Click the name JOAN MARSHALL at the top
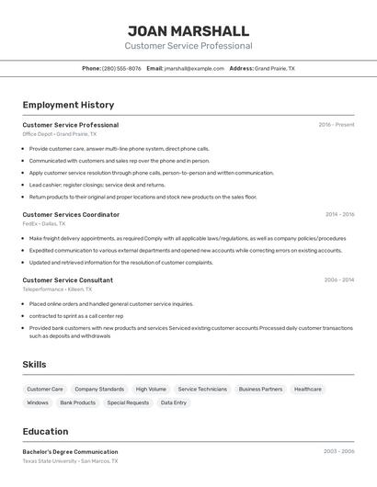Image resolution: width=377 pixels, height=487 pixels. [188, 30]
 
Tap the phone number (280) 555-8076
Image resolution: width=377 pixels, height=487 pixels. [121, 68]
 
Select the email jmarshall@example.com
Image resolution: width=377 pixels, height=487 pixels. [194, 68]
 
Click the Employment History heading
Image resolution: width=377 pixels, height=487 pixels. [68, 105]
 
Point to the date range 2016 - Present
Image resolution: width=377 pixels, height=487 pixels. [337, 125]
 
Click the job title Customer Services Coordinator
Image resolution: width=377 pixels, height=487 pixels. [71, 215]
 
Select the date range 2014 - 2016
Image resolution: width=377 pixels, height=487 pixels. [339, 215]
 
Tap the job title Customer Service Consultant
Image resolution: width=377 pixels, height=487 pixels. [68, 279]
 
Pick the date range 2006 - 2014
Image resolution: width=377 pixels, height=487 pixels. [339, 279]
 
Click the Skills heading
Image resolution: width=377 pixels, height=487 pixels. [35, 365]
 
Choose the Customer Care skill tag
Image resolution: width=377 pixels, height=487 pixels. [45, 389]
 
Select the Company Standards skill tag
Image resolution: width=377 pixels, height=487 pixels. [99, 389]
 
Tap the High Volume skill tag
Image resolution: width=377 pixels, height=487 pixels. [151, 389]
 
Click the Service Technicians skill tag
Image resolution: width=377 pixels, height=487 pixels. [202, 389]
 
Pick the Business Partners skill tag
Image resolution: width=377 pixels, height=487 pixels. [260, 389]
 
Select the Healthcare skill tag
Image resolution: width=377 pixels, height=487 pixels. [308, 389]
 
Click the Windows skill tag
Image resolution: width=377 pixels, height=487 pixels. [38, 402]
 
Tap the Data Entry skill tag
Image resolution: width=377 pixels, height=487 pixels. [173, 402]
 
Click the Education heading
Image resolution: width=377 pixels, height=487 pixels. [45, 432]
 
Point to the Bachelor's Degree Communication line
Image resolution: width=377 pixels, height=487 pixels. [70, 452]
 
